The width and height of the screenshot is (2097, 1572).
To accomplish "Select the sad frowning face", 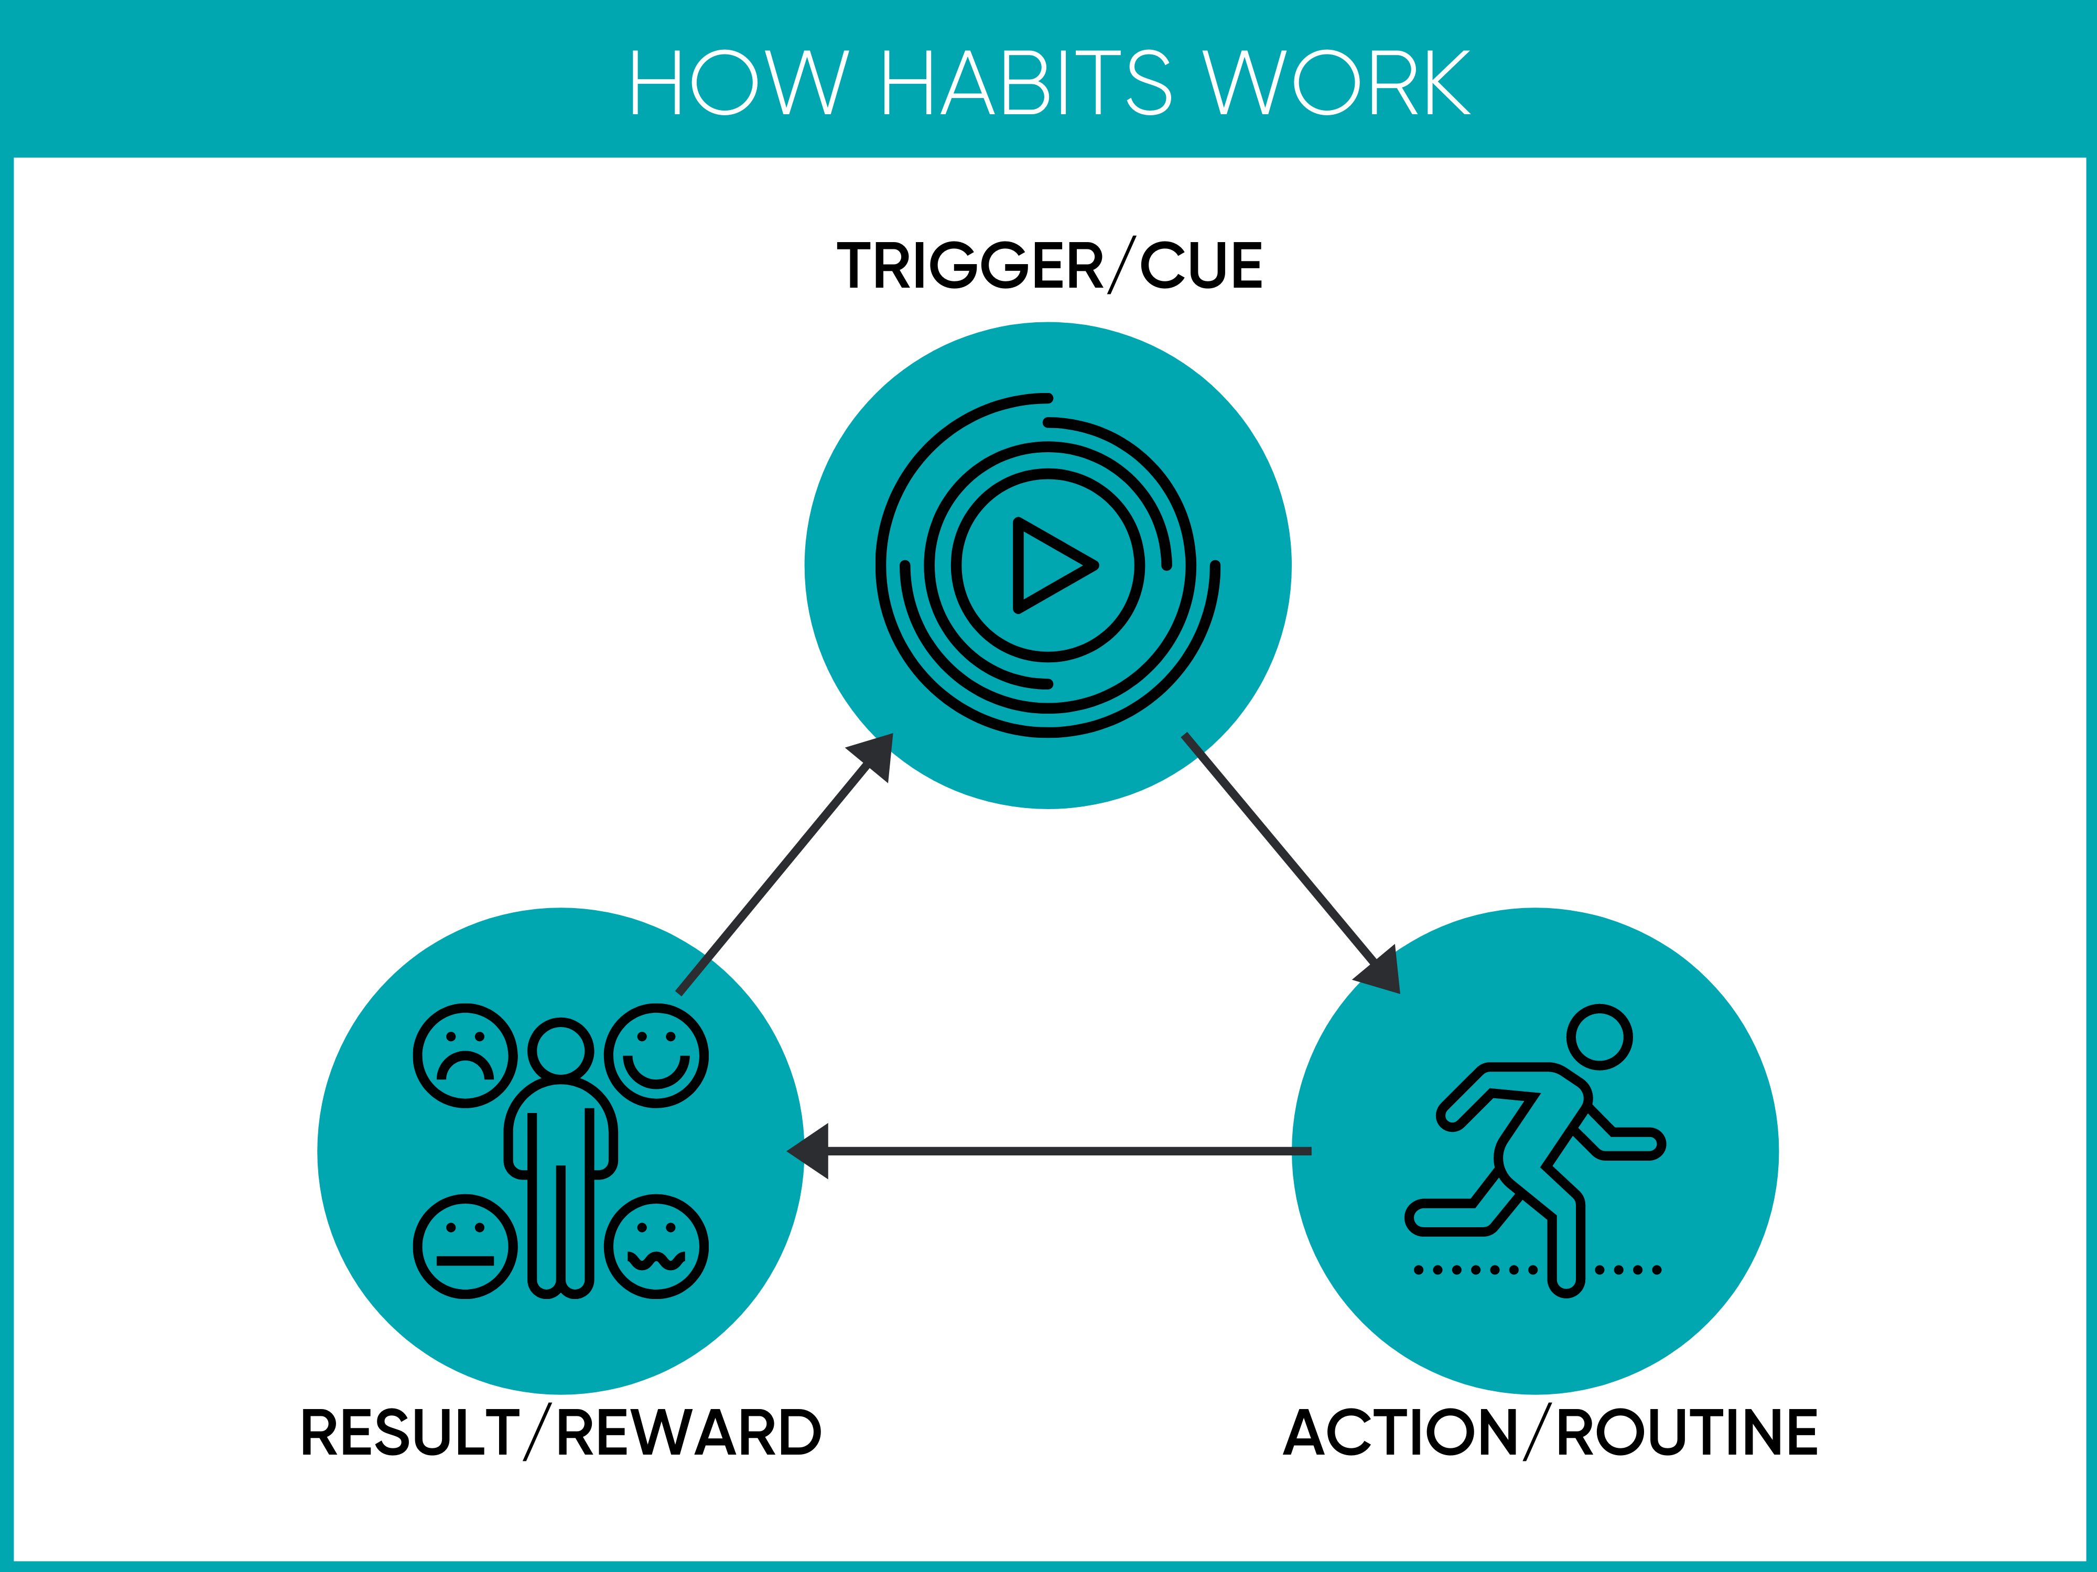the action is click(x=466, y=1055).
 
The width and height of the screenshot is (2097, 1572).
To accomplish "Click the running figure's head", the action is click(x=1599, y=1036).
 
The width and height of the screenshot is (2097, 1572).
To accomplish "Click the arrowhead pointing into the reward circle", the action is click(x=808, y=1151).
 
